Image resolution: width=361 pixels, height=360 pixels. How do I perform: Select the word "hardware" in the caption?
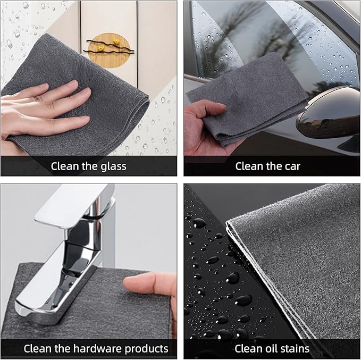pyautogui.click(x=98, y=349)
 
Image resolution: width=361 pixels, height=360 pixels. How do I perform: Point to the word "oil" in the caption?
pyautogui.click(x=260, y=348)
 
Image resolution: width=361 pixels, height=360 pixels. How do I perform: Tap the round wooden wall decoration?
pyautogui.click(x=109, y=51)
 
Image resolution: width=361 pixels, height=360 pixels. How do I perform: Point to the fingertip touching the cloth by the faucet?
pyautogui.click(x=129, y=282)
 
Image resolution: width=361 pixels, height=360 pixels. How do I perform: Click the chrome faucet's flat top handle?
pyautogui.click(x=74, y=206)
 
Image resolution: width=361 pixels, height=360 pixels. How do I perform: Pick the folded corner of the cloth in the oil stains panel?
pyautogui.click(x=228, y=223)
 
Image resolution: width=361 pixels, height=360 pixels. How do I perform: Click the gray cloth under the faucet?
pyautogui.click(x=92, y=306)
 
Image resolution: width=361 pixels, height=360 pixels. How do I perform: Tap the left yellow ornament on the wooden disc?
pyautogui.click(x=100, y=48)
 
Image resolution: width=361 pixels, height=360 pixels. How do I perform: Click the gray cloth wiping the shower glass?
pyautogui.click(x=76, y=97)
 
